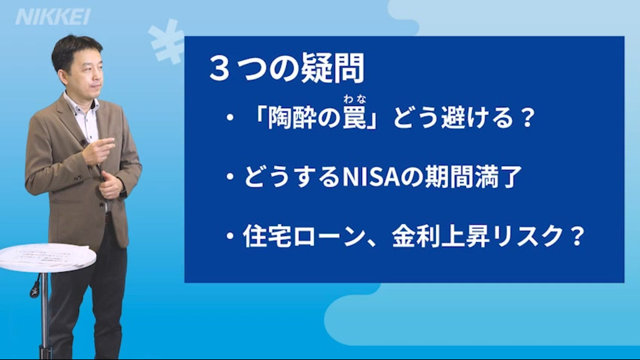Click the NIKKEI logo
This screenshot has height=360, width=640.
click(53, 17)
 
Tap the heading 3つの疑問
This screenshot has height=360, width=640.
click(287, 69)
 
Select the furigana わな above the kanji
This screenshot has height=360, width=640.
click(355, 99)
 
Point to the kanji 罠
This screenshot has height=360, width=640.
click(354, 117)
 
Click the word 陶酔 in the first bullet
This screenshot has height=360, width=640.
click(292, 117)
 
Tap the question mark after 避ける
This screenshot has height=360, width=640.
click(527, 117)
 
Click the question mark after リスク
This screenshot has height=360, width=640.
click(576, 236)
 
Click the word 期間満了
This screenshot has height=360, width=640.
click(473, 177)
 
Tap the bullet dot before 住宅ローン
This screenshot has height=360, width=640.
click(231, 236)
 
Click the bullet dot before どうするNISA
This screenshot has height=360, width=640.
click(231, 177)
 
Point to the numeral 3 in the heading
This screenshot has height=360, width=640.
click(219, 69)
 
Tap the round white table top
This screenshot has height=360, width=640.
click(47, 257)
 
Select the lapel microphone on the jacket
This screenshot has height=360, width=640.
click(84, 144)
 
